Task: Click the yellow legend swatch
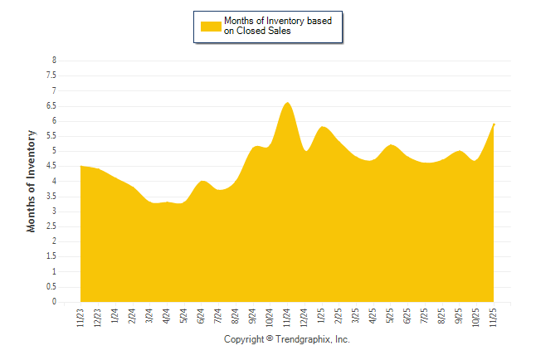pos(211,27)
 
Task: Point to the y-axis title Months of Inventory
pos(32,181)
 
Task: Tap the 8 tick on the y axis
pos(54,61)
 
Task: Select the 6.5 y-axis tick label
pos(51,106)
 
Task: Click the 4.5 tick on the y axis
pos(51,166)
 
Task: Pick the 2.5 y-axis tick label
pos(51,226)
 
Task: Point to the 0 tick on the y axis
pos(54,302)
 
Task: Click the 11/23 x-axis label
pos(80,317)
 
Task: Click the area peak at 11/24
pos(287,103)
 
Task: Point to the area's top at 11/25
pos(494,124)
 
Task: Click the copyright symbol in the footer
pos(270,340)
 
